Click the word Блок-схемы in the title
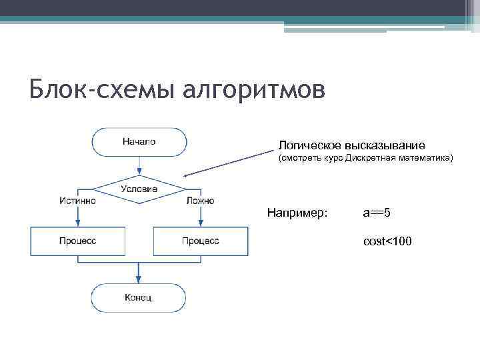[x=100, y=89]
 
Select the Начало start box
[x=139, y=141]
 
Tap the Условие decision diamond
[x=139, y=189]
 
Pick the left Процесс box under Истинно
[x=77, y=241]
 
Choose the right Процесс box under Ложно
[x=201, y=241]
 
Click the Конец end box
[x=138, y=297]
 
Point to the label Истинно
[x=77, y=200]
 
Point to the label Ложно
[x=200, y=200]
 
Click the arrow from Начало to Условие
[x=139, y=165]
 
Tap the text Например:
[x=297, y=213]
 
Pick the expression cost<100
[x=387, y=241]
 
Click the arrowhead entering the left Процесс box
[x=77, y=223]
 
